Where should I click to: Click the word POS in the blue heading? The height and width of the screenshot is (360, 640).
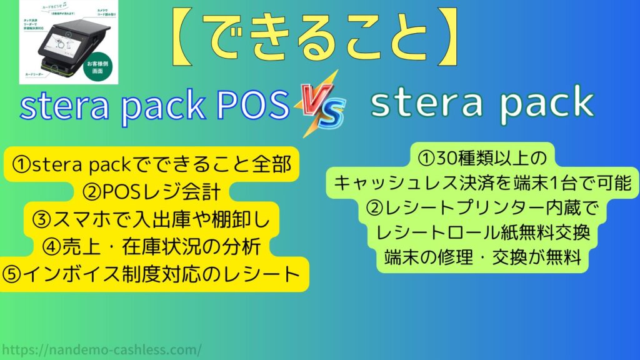[x=258, y=106]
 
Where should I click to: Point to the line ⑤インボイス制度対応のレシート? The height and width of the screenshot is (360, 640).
[x=152, y=274]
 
